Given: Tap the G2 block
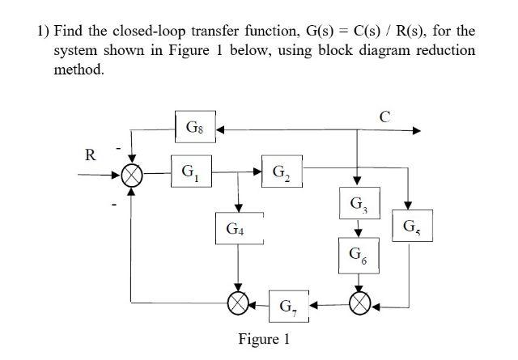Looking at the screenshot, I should tap(279, 172).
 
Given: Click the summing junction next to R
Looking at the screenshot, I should tap(133, 173).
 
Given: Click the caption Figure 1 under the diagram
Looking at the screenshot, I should tap(265, 338).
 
